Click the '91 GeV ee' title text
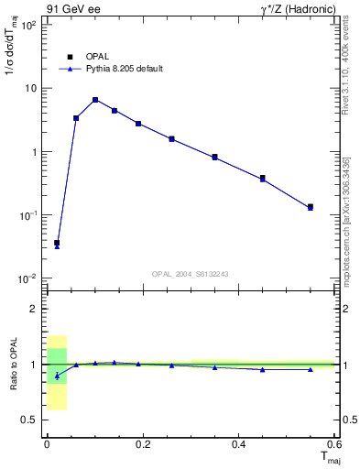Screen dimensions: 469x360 [72, 10]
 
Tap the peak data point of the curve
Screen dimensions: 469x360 [95, 100]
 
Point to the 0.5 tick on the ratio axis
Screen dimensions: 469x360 [29, 420]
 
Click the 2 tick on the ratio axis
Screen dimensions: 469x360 [33, 309]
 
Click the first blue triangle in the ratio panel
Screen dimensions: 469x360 [57, 376]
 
